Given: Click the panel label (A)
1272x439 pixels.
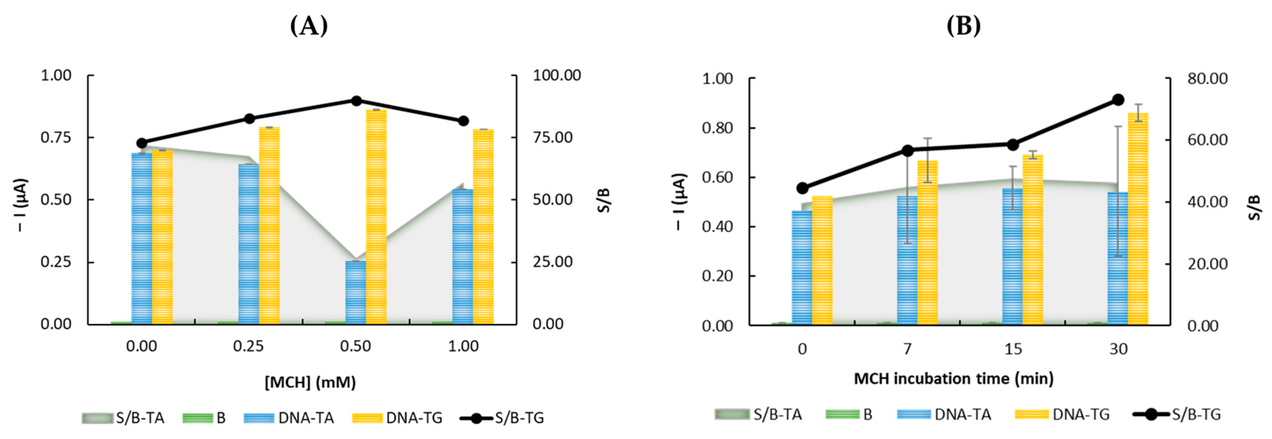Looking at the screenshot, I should click(309, 26).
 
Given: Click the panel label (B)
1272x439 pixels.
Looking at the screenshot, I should click(963, 26).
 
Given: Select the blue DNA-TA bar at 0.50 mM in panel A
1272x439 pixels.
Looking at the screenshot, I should click(356, 292).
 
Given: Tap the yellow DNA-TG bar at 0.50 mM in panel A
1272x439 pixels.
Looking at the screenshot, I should click(376, 217).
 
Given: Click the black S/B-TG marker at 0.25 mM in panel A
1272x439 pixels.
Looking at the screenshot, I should click(249, 118).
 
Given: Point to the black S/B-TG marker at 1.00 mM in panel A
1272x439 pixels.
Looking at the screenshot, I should click(463, 121).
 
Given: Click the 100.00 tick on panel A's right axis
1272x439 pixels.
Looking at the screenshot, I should click(557, 76).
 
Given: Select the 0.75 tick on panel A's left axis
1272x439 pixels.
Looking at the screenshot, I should click(56, 137).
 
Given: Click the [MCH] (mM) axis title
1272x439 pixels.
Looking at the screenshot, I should click(310, 382).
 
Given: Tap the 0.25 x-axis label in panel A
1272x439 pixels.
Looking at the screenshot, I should click(248, 346).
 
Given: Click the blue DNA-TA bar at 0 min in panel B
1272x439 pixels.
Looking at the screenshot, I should click(802, 268).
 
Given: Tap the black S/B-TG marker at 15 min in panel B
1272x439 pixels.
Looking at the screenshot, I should click(1013, 145).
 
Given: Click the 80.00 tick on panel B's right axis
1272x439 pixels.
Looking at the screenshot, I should click(1207, 78).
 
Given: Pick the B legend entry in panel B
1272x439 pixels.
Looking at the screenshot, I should click(849, 414).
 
